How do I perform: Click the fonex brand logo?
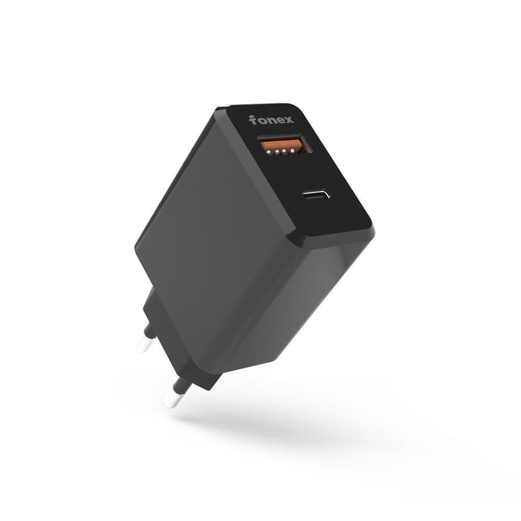[x=271, y=120]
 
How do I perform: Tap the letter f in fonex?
[x=253, y=120]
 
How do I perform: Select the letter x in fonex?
[x=289, y=120]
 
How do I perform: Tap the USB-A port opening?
[x=285, y=144]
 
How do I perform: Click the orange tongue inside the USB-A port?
[x=282, y=145]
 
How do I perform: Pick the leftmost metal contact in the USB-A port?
[x=268, y=153]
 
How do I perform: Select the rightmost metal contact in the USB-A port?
[x=292, y=151]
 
